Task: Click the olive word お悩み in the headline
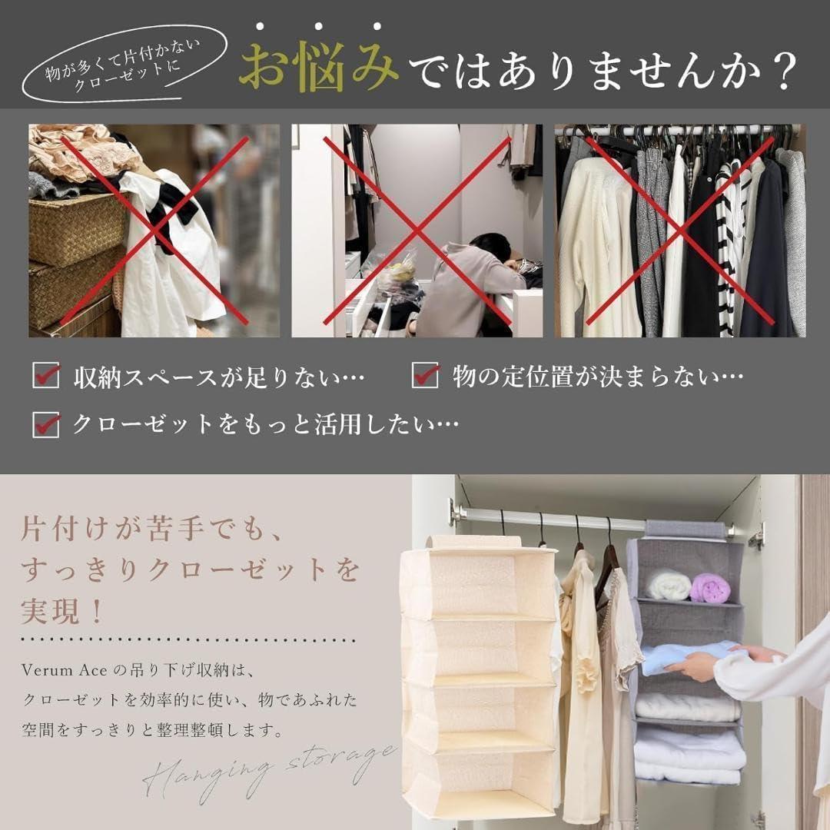pyautogui.click(x=319, y=68)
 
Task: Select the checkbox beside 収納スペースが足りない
pyautogui.click(x=45, y=375)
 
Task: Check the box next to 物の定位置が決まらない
pyautogui.click(x=425, y=375)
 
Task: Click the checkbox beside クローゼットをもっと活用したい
pyautogui.click(x=45, y=424)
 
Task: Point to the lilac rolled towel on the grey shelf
pyautogui.click(x=710, y=586)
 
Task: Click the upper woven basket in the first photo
pyautogui.click(x=77, y=227)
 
